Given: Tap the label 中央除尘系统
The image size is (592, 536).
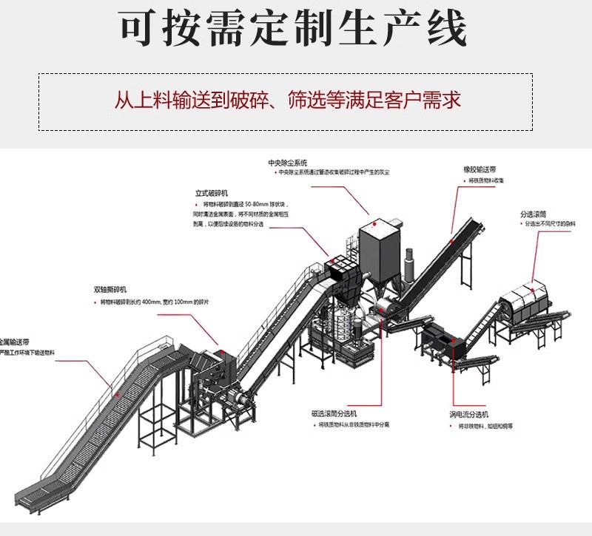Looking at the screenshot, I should coord(287,162).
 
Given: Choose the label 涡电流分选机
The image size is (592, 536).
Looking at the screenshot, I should coord(468,415).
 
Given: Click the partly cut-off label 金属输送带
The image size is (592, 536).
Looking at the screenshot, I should coord(15,342).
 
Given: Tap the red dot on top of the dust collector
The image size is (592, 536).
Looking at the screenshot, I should coord(375,223).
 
